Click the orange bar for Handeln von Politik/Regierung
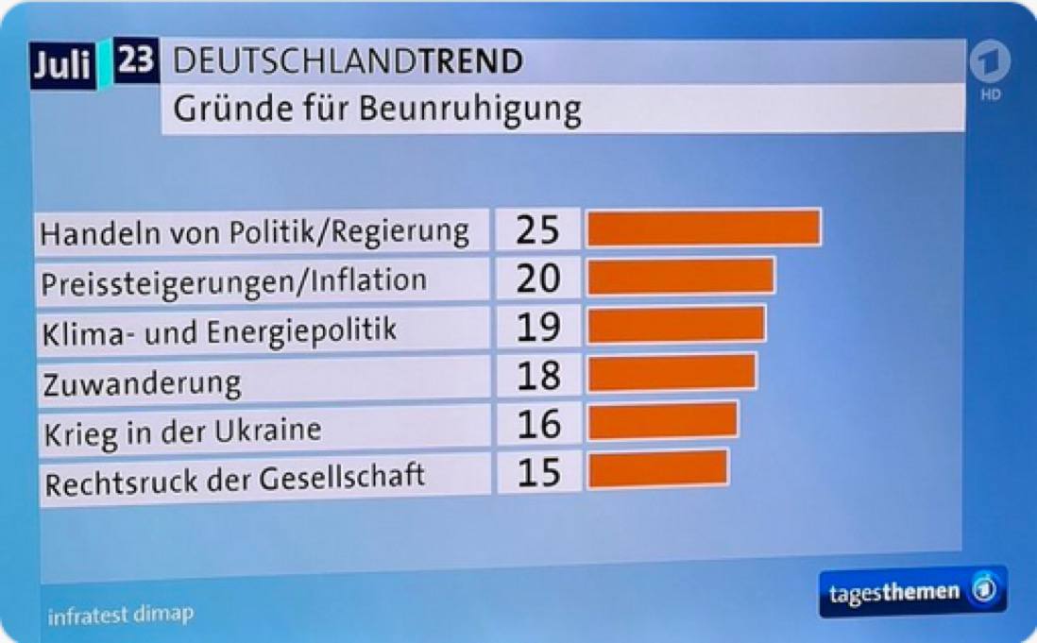[x=704, y=228]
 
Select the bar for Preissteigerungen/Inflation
[x=680, y=277]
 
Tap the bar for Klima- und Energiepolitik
[x=675, y=325]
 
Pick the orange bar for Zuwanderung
[x=671, y=373]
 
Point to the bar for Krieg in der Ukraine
[x=662, y=421]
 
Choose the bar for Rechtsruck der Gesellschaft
[x=657, y=469]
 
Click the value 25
[x=538, y=229]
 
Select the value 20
[x=538, y=278]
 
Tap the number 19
[x=538, y=327]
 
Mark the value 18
[x=538, y=375]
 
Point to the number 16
[x=538, y=424]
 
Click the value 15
[x=538, y=472]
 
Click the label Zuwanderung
[x=143, y=382]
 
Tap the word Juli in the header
[x=62, y=66]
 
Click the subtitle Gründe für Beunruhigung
[x=377, y=110]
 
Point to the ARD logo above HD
[x=990, y=62]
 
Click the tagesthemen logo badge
[x=912, y=592]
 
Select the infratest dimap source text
[x=121, y=615]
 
